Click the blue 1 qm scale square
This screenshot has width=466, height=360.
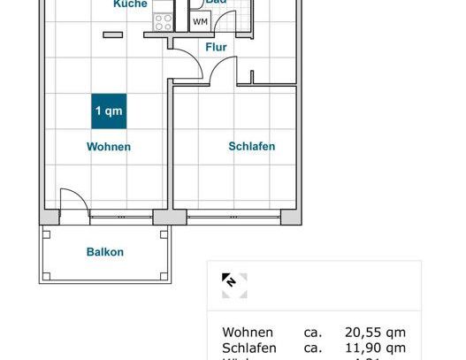[109, 111]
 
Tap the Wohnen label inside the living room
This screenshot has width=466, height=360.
[109, 147]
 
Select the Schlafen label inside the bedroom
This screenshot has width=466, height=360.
[252, 147]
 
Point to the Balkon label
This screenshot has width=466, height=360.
[105, 252]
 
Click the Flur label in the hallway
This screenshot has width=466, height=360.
[216, 48]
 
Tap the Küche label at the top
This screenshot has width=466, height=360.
[131, 4]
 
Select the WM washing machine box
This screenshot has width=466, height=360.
[201, 21]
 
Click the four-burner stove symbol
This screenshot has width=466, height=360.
[164, 23]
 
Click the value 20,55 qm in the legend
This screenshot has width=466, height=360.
[375, 333]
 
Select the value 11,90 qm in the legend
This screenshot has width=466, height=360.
[375, 349]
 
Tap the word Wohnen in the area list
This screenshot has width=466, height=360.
[248, 333]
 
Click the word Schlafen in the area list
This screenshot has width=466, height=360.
[249, 349]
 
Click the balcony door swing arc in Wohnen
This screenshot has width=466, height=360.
[74, 200]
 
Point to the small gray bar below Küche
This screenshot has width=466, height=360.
[112, 34]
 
